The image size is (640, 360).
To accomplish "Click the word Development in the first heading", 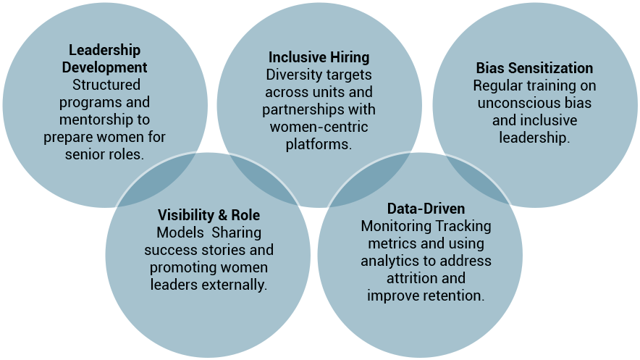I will click(x=104, y=67).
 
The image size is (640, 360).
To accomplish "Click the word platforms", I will click(x=319, y=144).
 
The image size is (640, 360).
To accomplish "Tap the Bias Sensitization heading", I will click(x=534, y=68).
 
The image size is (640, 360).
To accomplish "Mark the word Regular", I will click(x=497, y=85).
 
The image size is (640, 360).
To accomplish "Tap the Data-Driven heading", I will click(x=426, y=208).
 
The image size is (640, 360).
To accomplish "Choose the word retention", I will click(x=456, y=295).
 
